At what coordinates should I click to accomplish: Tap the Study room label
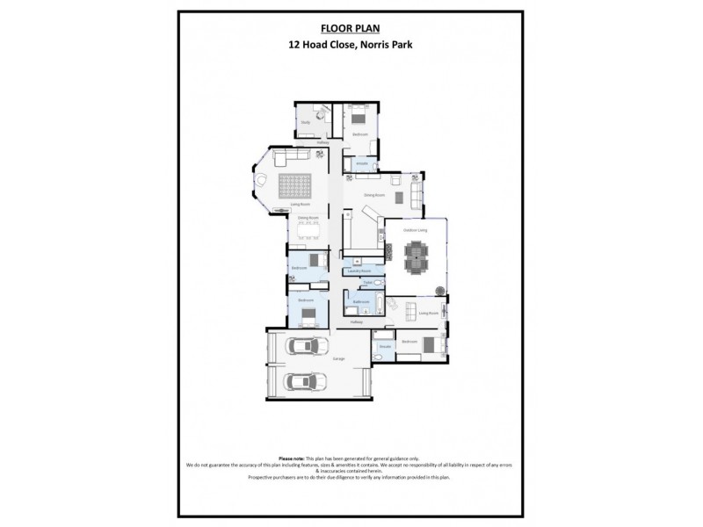(x=305, y=122)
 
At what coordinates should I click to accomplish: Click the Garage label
(x=338, y=358)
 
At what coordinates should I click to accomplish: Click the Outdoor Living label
(x=415, y=230)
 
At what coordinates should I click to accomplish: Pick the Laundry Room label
(x=359, y=271)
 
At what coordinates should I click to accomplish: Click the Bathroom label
(x=360, y=301)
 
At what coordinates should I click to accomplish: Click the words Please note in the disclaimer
(x=292, y=458)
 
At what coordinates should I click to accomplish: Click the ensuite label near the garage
(x=384, y=348)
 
